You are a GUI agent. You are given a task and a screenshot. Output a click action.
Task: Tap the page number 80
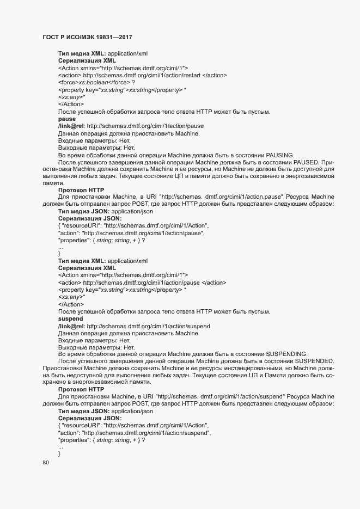(x=46, y=463)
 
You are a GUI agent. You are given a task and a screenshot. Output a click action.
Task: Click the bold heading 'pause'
(x=66, y=118)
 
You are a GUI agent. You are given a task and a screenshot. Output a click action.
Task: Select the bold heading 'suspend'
(x=70, y=317)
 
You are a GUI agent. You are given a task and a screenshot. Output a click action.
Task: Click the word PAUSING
(x=278, y=155)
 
